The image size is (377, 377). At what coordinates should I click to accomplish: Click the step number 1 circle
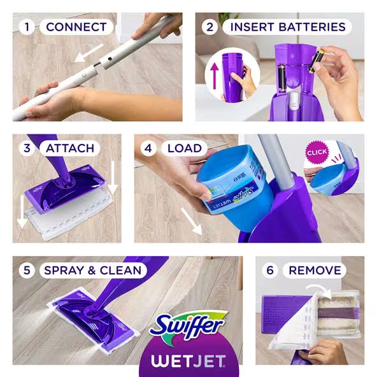pyautogui.click(x=27, y=27)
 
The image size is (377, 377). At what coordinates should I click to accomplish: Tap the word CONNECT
pyautogui.click(x=76, y=27)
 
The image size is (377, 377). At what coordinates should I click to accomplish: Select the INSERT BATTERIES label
pyautogui.click(x=287, y=27)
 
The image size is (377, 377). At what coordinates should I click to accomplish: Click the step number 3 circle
pyautogui.click(x=27, y=148)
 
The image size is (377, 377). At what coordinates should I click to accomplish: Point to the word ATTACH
pyautogui.click(x=69, y=148)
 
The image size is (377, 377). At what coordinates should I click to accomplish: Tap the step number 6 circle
pyautogui.click(x=269, y=270)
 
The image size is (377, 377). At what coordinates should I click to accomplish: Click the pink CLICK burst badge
pyautogui.click(x=317, y=153)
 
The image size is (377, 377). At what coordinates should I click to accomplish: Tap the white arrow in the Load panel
pyautogui.click(x=192, y=220)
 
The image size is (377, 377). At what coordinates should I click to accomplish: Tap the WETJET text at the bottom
pyautogui.click(x=188, y=361)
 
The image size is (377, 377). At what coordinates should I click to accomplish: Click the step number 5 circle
pyautogui.click(x=27, y=270)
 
